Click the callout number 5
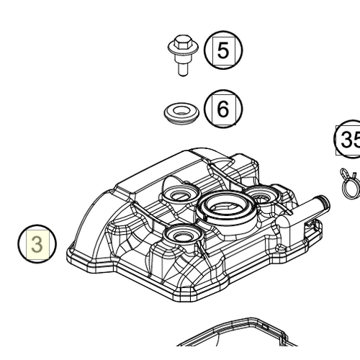coord(222,51)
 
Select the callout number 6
coord(222,109)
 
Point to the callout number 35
coord(349,140)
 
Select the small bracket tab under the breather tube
coord(311,230)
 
